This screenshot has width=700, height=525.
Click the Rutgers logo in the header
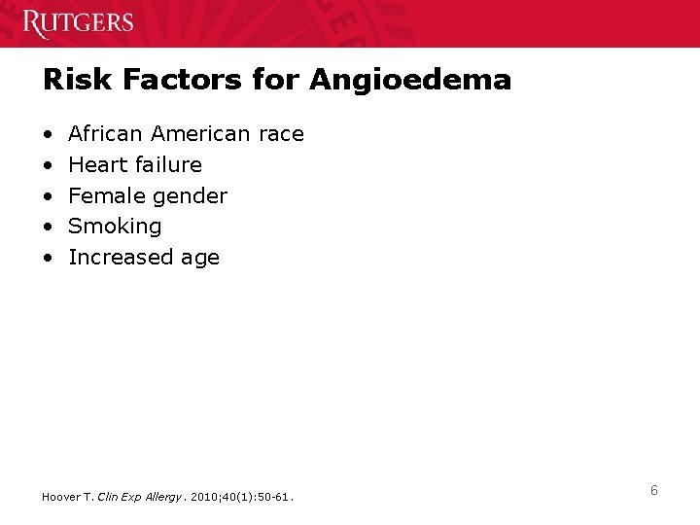(79, 21)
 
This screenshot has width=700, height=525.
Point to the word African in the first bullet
(106, 133)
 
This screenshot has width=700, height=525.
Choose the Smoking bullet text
(115, 227)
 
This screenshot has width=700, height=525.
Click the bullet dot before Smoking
(48, 227)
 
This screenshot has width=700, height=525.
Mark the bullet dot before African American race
(48, 133)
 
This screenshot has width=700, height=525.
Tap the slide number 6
(654, 491)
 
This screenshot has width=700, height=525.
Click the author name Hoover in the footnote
(60, 497)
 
